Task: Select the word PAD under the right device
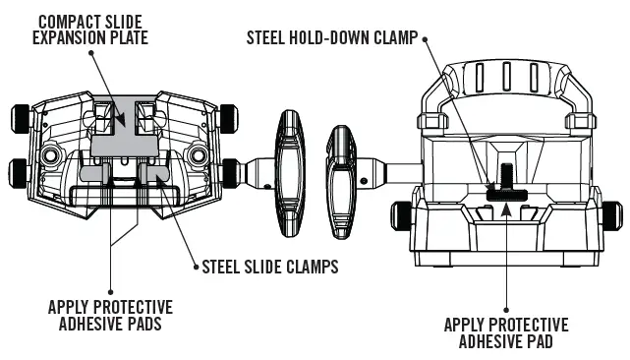click(x=544, y=342)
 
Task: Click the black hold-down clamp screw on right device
click(x=504, y=182)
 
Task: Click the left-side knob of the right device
click(x=401, y=210)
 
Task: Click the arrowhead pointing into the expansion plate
click(x=121, y=122)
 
